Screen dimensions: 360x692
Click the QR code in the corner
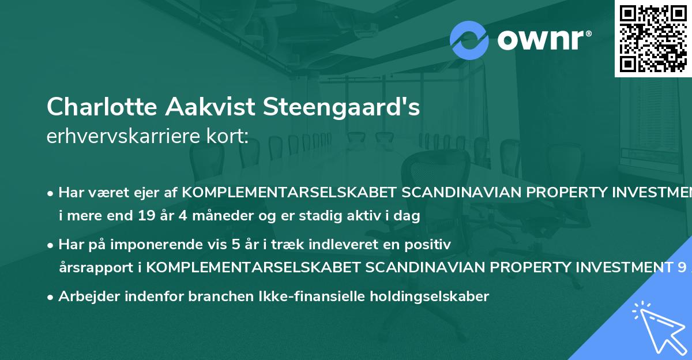pyautogui.click(x=653, y=38)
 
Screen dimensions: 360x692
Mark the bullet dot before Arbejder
pyautogui.click(x=51, y=297)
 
